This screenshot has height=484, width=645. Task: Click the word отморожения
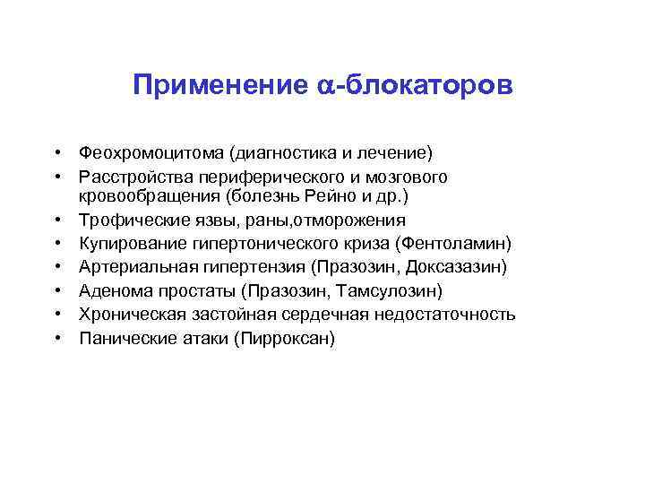pyautogui.click(x=352, y=220)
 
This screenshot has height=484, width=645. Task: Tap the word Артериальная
pyautogui.click(x=134, y=267)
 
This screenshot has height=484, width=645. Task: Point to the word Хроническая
pyautogui.click(x=131, y=315)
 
